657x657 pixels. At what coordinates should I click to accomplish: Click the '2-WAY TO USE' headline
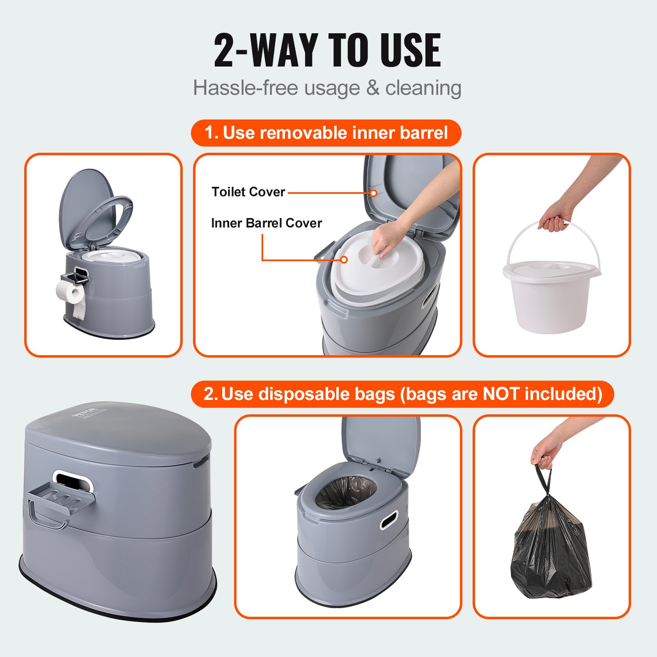(327, 51)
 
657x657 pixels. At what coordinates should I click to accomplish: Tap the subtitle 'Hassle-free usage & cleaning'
(327, 88)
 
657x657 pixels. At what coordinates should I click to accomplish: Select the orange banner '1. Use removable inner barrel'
(326, 133)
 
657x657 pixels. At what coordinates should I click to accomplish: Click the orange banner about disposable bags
(402, 394)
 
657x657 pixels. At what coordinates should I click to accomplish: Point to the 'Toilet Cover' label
(248, 192)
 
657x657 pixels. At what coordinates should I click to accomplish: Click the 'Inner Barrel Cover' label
(266, 223)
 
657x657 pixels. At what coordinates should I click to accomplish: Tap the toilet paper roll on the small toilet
(70, 292)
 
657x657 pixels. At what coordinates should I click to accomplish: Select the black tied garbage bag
(550, 550)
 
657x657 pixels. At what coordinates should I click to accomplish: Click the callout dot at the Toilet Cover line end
(374, 193)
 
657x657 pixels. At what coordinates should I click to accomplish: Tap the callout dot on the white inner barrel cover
(344, 260)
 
